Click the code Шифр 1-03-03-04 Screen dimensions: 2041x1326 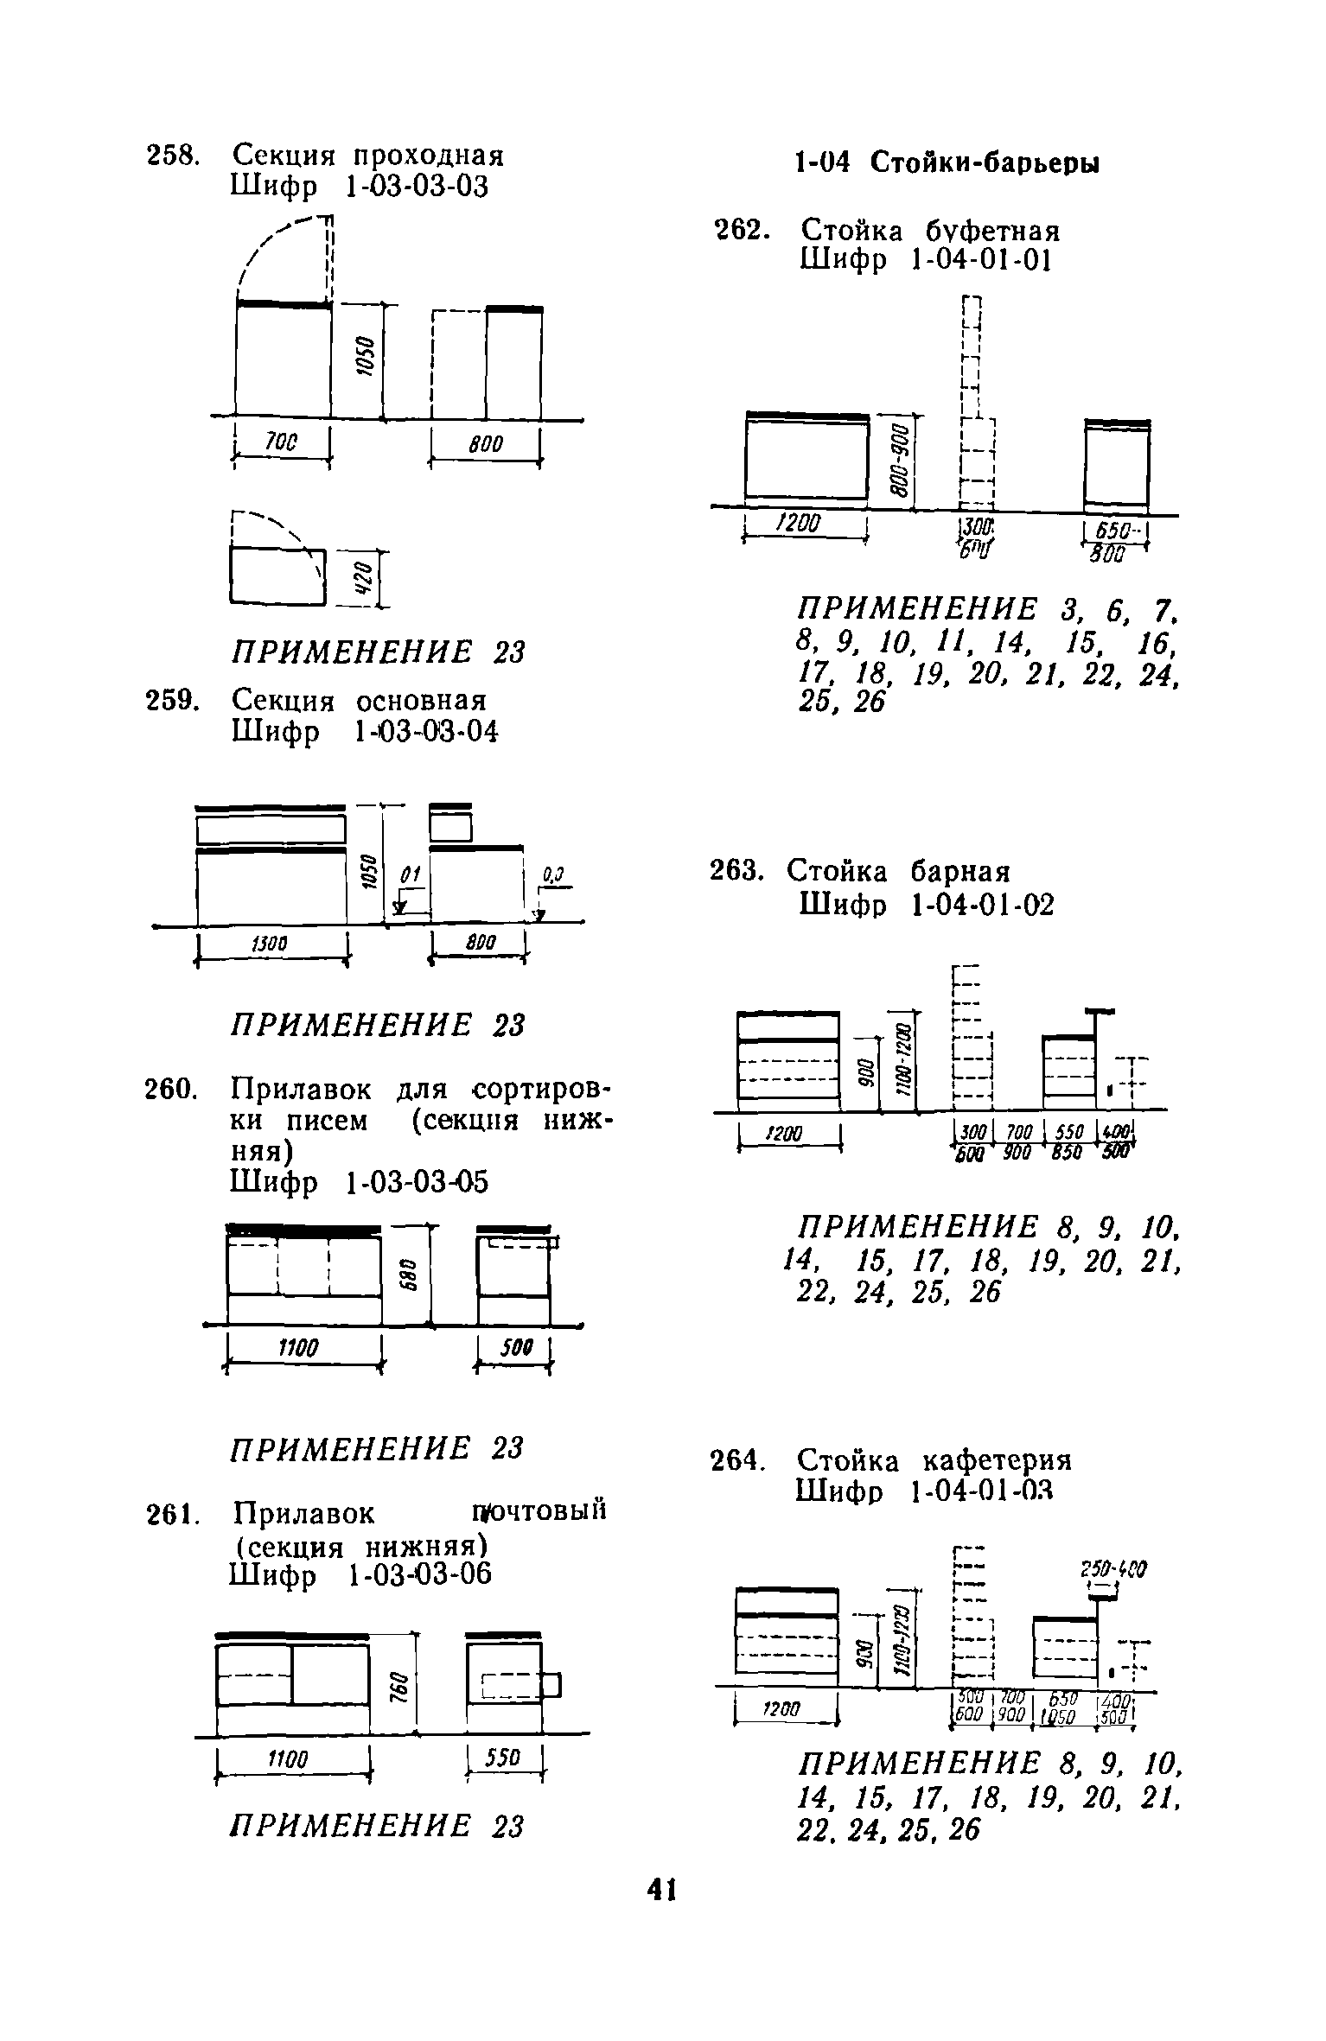(x=365, y=732)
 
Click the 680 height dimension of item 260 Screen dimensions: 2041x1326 (x=412, y=1275)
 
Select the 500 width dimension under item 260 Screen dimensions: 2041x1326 (x=516, y=1347)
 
